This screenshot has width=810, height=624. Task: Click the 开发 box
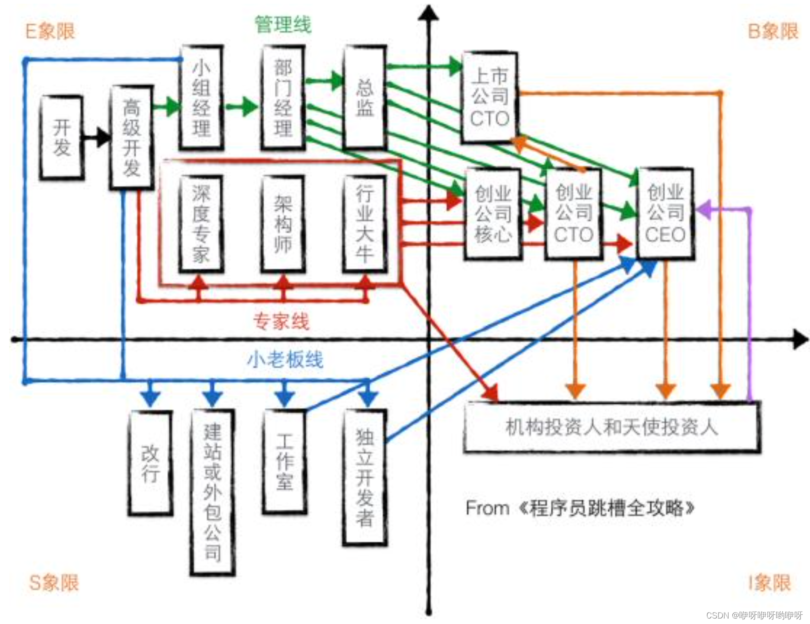pos(62,137)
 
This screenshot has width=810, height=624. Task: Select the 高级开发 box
pos(132,137)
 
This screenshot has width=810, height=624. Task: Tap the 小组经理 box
pos(202,97)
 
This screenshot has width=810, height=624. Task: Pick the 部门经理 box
pos(283,97)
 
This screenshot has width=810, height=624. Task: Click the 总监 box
pos(365,97)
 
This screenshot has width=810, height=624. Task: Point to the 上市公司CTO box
pos(490,97)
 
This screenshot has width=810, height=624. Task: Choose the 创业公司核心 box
pos(492,214)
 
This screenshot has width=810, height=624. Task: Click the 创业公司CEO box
pos(666,214)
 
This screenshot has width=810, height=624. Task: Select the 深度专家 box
pos(201,224)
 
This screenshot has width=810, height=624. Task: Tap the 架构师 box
pos(283,224)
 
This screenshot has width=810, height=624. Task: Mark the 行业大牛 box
pos(365,224)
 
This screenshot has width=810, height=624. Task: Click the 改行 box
pos(150,463)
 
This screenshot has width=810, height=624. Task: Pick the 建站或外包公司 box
pos(213,492)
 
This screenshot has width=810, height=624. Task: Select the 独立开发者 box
pos(365,477)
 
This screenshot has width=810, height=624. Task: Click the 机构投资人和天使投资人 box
pos(612,427)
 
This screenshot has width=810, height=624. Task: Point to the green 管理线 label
pos(283,24)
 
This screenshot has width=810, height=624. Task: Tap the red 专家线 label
pos(281,321)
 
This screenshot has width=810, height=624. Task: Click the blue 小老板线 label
pos(285,360)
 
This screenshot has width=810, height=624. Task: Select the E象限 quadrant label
pos(50,32)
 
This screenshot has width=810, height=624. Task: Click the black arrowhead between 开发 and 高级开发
pos(103,137)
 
